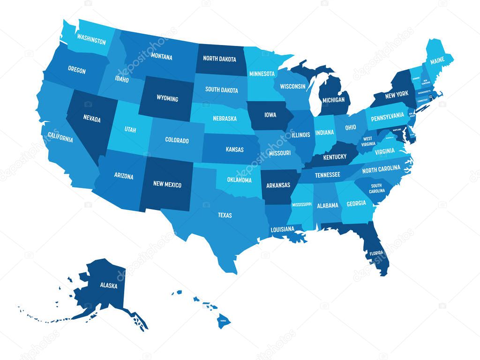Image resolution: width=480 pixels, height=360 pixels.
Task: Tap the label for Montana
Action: [162, 57]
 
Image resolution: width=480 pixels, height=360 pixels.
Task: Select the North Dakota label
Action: [219, 59]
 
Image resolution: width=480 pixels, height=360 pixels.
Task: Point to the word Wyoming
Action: [167, 98]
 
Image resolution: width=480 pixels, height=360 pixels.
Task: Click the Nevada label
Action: [92, 119]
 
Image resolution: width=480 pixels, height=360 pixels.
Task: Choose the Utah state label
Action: [130, 129]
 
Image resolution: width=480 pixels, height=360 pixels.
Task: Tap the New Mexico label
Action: [167, 184]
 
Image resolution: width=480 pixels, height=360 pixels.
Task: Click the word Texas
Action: [225, 215]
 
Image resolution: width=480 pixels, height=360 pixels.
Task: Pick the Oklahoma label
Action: [240, 180]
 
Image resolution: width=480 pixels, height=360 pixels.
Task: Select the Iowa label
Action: [270, 114]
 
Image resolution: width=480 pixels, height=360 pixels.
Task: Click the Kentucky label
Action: [335, 157]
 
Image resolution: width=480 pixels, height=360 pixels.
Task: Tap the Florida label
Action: [376, 253]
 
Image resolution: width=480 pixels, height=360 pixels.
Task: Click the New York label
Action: [396, 95]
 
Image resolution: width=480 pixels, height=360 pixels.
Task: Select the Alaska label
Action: [108, 285]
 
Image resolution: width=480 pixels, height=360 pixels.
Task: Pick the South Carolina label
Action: [377, 188]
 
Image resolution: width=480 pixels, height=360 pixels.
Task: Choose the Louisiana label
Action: [282, 229]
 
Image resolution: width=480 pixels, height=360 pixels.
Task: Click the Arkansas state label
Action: [278, 185]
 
